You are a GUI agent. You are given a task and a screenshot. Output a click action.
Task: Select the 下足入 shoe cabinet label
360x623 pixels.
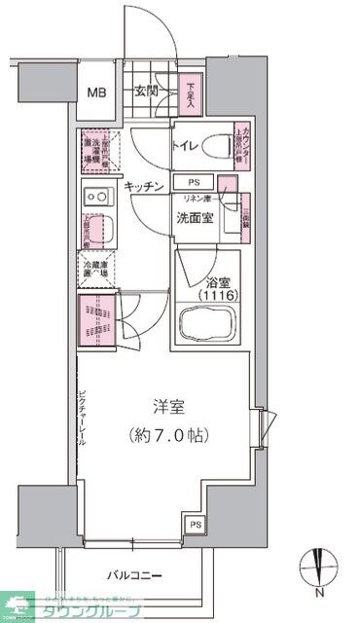click(x=192, y=95)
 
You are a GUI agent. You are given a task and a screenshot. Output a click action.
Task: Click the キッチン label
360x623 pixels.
click(x=143, y=187)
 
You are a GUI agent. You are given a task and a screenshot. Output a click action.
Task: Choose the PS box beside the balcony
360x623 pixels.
click(x=196, y=526)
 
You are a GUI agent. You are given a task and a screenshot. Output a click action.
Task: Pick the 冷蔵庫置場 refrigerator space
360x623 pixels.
click(x=97, y=270)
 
